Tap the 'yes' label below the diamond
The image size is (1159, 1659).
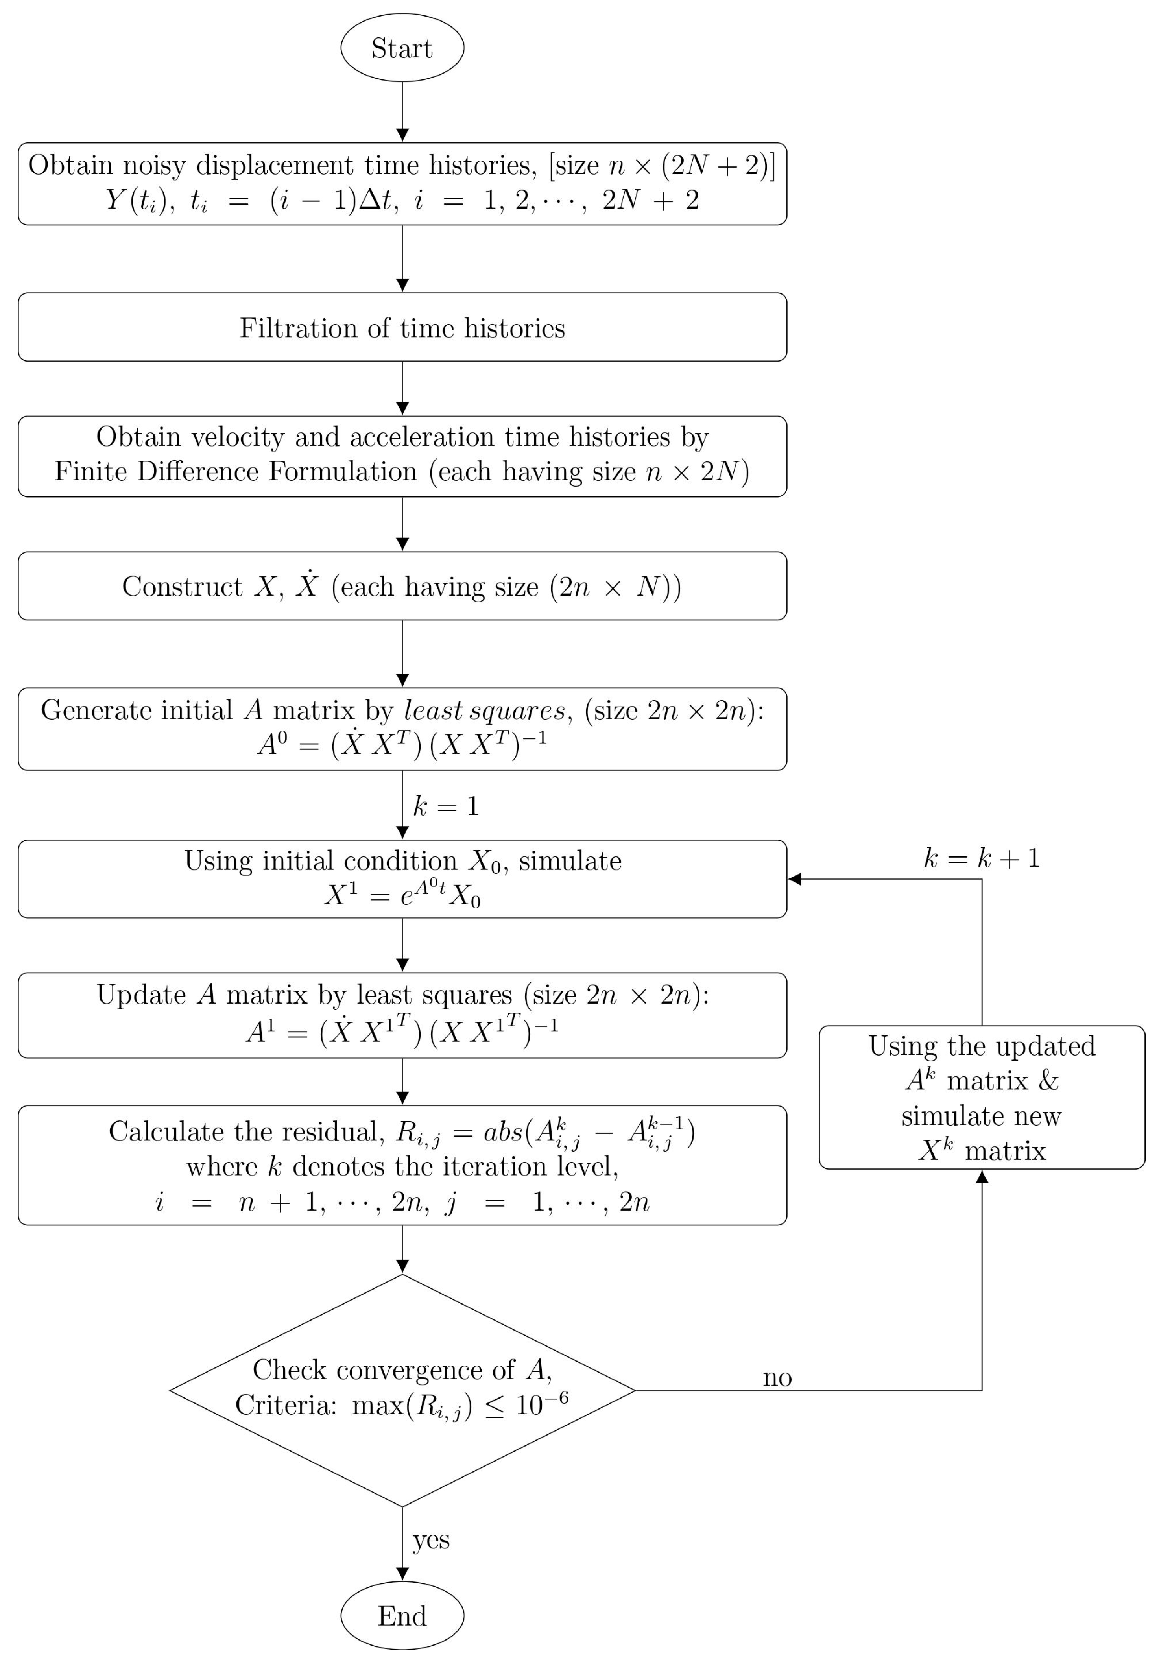pos(431,1540)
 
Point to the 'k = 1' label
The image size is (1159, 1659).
pos(446,806)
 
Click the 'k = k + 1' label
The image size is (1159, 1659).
pos(981,858)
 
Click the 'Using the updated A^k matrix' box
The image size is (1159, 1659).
pos(981,1097)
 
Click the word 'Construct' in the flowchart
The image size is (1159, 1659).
pos(182,587)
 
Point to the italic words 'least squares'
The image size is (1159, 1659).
pos(484,710)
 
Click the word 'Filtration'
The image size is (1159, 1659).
pos(299,328)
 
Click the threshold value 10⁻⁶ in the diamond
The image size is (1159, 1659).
pos(542,1404)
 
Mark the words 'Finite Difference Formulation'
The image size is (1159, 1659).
pos(236,472)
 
